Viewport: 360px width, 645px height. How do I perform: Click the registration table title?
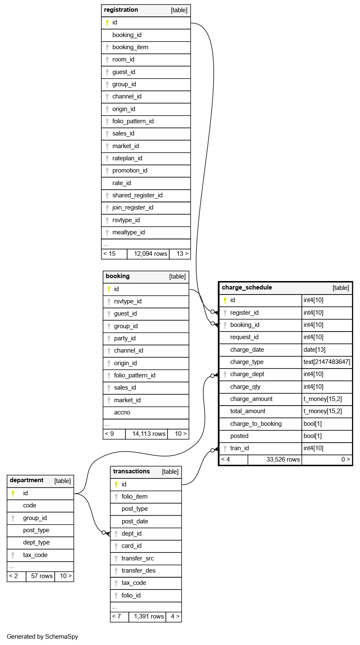point(121,10)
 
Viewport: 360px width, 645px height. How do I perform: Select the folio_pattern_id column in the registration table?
point(133,121)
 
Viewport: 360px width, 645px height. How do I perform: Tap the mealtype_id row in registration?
point(128,232)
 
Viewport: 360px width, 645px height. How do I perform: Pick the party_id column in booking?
point(125,338)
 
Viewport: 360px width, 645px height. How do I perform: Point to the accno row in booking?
point(122,412)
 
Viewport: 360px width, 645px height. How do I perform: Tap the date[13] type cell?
point(314,350)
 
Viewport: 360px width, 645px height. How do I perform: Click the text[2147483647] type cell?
point(327,362)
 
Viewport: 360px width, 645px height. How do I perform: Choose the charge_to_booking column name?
point(256,424)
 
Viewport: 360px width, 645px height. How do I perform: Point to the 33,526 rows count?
point(283,459)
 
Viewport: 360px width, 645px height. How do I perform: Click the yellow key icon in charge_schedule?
point(224,300)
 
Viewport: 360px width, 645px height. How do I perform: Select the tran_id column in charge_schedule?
point(240,448)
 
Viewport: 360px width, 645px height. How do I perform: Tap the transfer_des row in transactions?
point(139,571)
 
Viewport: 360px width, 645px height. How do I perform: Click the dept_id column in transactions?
point(131,534)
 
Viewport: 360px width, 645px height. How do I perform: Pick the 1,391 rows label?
point(149,616)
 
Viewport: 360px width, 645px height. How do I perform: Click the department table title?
point(27,480)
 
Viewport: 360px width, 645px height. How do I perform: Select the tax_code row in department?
point(35,555)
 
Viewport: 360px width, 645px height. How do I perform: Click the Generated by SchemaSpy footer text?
point(43,637)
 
